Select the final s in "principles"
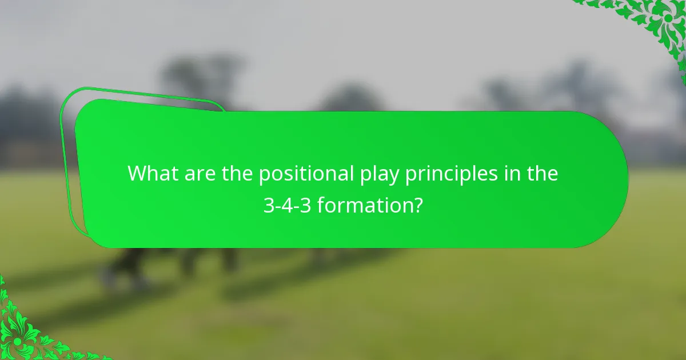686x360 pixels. coord(494,174)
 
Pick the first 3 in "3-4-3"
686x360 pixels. coord(269,205)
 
